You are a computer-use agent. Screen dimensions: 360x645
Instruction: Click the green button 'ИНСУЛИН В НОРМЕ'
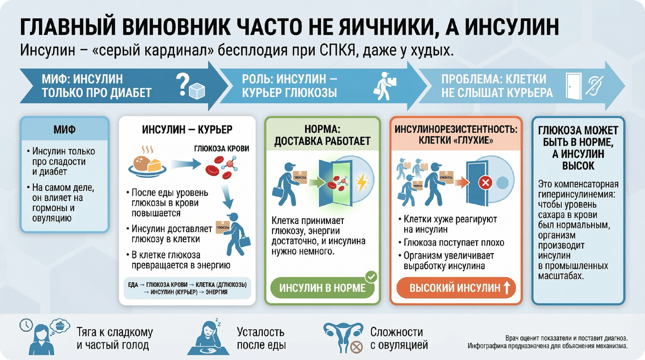[x=321, y=288]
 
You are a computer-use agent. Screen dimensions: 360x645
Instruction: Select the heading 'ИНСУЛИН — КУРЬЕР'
[x=187, y=131]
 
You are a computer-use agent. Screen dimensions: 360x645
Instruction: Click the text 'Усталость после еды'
[x=260, y=339]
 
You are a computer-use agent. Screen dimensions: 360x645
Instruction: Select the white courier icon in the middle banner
[x=387, y=84]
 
